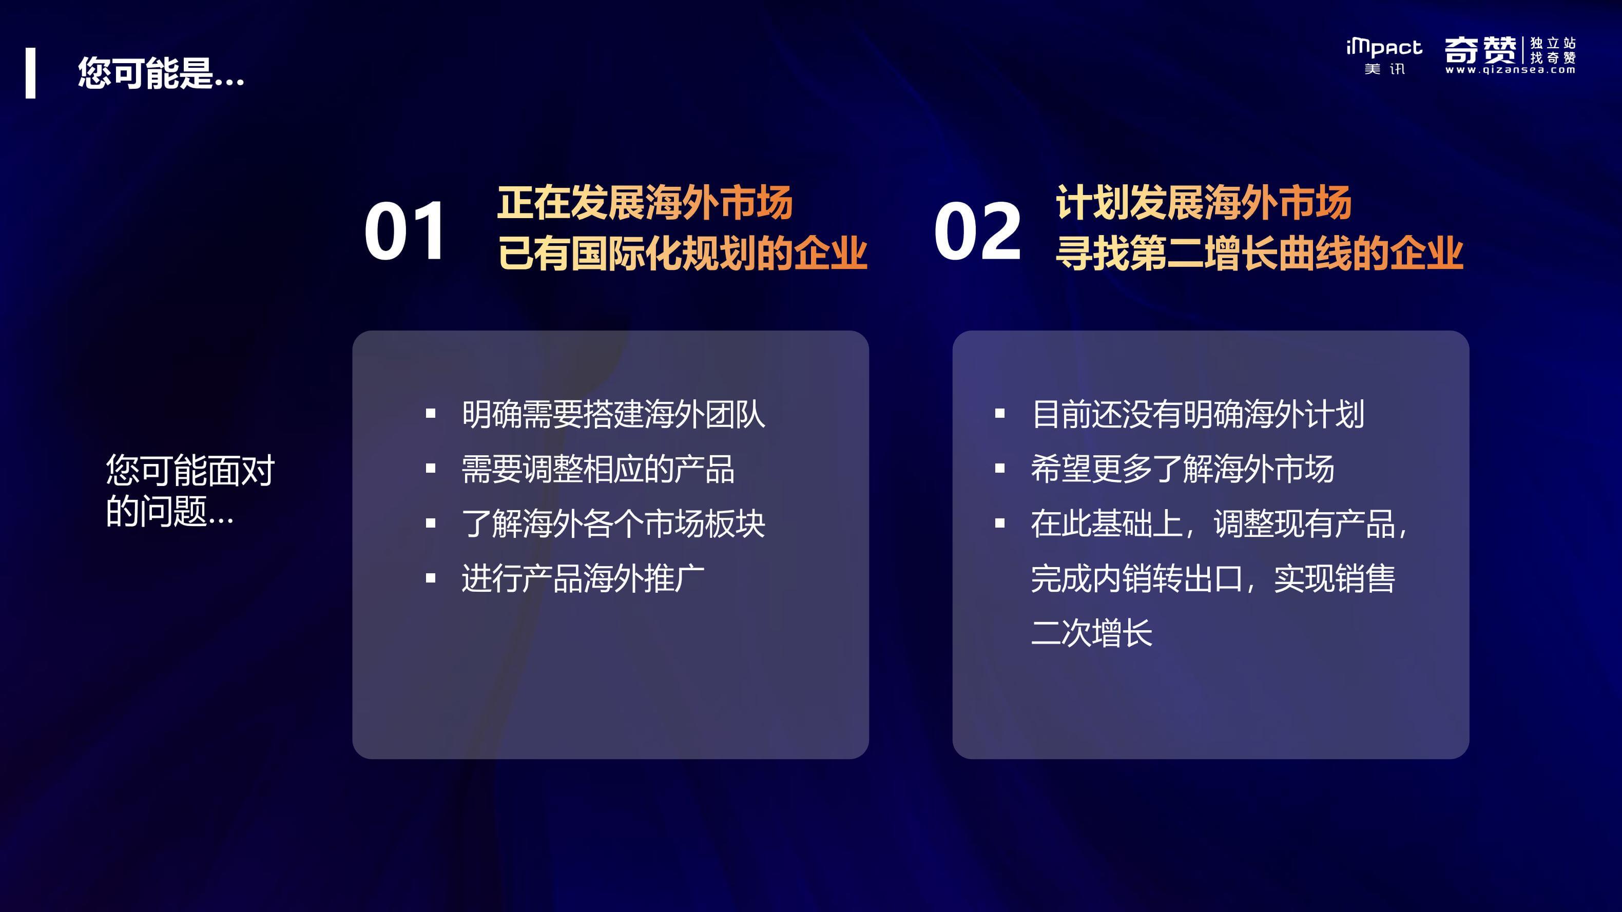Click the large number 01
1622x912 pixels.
point(404,230)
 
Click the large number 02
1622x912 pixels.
point(977,230)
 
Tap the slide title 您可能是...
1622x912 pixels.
point(161,73)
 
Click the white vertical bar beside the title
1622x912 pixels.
point(30,73)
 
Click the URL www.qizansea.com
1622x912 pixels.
point(1511,70)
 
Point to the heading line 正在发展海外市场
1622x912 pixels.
point(645,203)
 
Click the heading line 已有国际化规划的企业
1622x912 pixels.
point(683,253)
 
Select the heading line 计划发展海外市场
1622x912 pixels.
point(1203,203)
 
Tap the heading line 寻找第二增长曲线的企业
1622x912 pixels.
point(1259,253)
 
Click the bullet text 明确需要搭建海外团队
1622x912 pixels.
point(613,414)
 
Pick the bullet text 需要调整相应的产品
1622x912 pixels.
point(598,469)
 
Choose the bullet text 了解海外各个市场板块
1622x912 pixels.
point(613,523)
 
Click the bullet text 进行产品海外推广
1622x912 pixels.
point(583,578)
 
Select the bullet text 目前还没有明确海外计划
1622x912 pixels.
point(1198,414)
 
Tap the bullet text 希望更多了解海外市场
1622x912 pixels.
point(1183,469)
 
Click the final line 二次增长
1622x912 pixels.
point(1092,632)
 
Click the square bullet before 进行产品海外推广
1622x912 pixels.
point(431,578)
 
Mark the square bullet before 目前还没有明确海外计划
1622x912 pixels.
point(1000,414)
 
